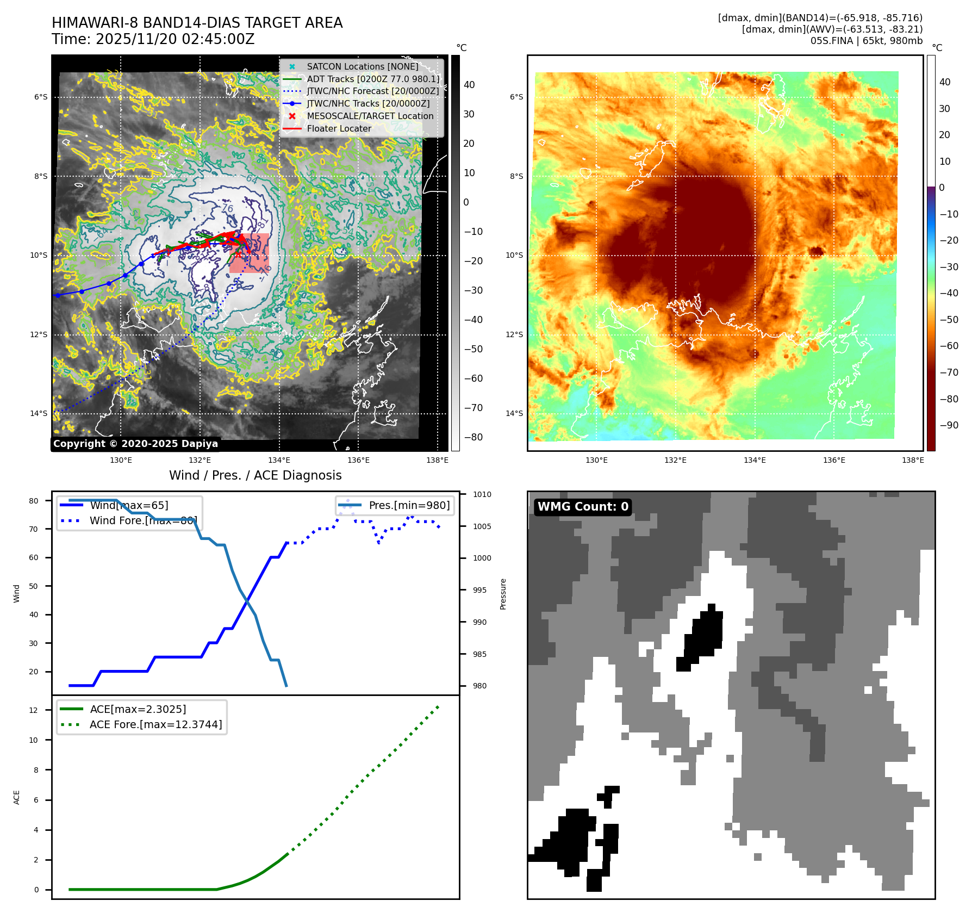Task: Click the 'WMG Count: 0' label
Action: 582,507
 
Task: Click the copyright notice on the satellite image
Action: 135,444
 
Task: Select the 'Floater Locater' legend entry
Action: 339,129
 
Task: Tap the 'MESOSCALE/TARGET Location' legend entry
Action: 370,116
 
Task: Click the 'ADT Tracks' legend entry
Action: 372,79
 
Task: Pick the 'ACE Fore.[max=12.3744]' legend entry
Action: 155,725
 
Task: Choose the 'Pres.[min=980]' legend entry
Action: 409,506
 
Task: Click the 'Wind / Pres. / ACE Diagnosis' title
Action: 256,476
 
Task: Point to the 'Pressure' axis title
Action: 503,594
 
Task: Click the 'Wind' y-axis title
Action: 17,593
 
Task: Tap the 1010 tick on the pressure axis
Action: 482,495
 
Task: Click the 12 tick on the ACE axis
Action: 34,710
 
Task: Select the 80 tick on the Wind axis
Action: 34,501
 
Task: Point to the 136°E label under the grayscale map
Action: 358,461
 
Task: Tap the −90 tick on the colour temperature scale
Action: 949,425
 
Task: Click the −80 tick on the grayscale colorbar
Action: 473,437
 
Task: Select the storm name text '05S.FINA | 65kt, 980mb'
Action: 866,41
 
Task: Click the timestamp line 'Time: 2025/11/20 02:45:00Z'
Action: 153,40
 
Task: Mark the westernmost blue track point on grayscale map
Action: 57,295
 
